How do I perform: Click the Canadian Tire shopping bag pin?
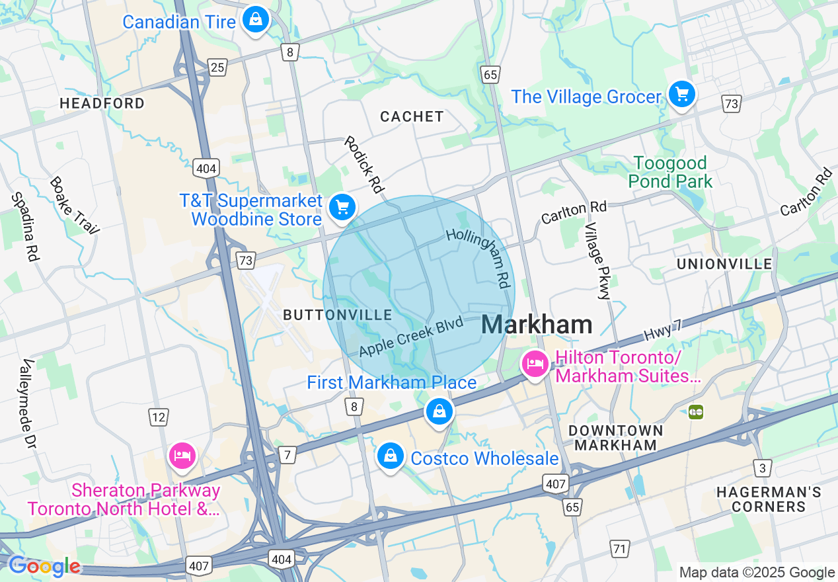(255, 20)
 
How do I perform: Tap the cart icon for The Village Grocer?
(681, 95)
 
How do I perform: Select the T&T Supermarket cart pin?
(342, 208)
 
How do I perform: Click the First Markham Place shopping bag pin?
(439, 411)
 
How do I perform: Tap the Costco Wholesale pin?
(391, 456)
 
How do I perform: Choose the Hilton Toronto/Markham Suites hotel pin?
(535, 364)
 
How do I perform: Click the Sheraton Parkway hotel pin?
(182, 455)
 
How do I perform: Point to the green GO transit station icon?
(695, 412)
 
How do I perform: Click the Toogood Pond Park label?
(670, 172)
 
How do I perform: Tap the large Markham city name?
(537, 325)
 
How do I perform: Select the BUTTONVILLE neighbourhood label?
(338, 315)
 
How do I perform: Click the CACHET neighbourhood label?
(412, 116)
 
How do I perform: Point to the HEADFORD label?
(102, 103)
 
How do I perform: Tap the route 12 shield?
(158, 417)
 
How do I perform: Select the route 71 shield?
(619, 548)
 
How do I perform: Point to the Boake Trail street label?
(74, 205)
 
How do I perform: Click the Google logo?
(44, 566)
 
